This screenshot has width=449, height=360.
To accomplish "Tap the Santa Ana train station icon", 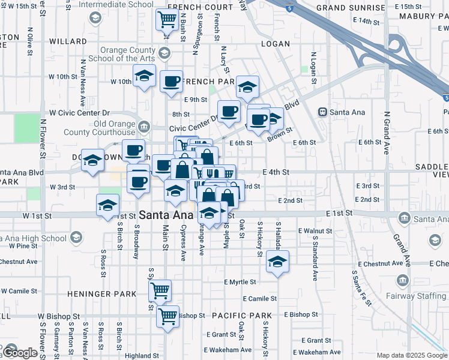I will (322, 112).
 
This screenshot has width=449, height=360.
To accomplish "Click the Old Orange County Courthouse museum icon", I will (144, 127).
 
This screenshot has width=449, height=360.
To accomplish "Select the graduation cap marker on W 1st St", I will (108, 205).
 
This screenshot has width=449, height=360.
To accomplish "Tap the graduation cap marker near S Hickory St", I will (277, 262).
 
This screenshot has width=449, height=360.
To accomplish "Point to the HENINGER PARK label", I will (98, 294).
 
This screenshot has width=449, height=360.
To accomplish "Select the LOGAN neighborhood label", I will (276, 44).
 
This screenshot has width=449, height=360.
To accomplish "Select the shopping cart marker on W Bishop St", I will (168, 316).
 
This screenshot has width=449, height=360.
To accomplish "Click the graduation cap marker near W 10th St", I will (144, 77).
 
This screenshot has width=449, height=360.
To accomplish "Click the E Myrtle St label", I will (240, 282).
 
